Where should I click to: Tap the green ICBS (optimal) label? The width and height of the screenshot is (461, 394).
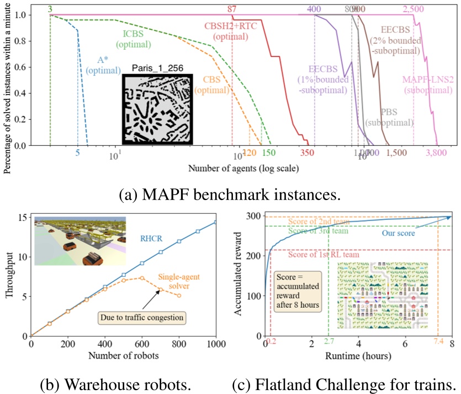tap(134, 40)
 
